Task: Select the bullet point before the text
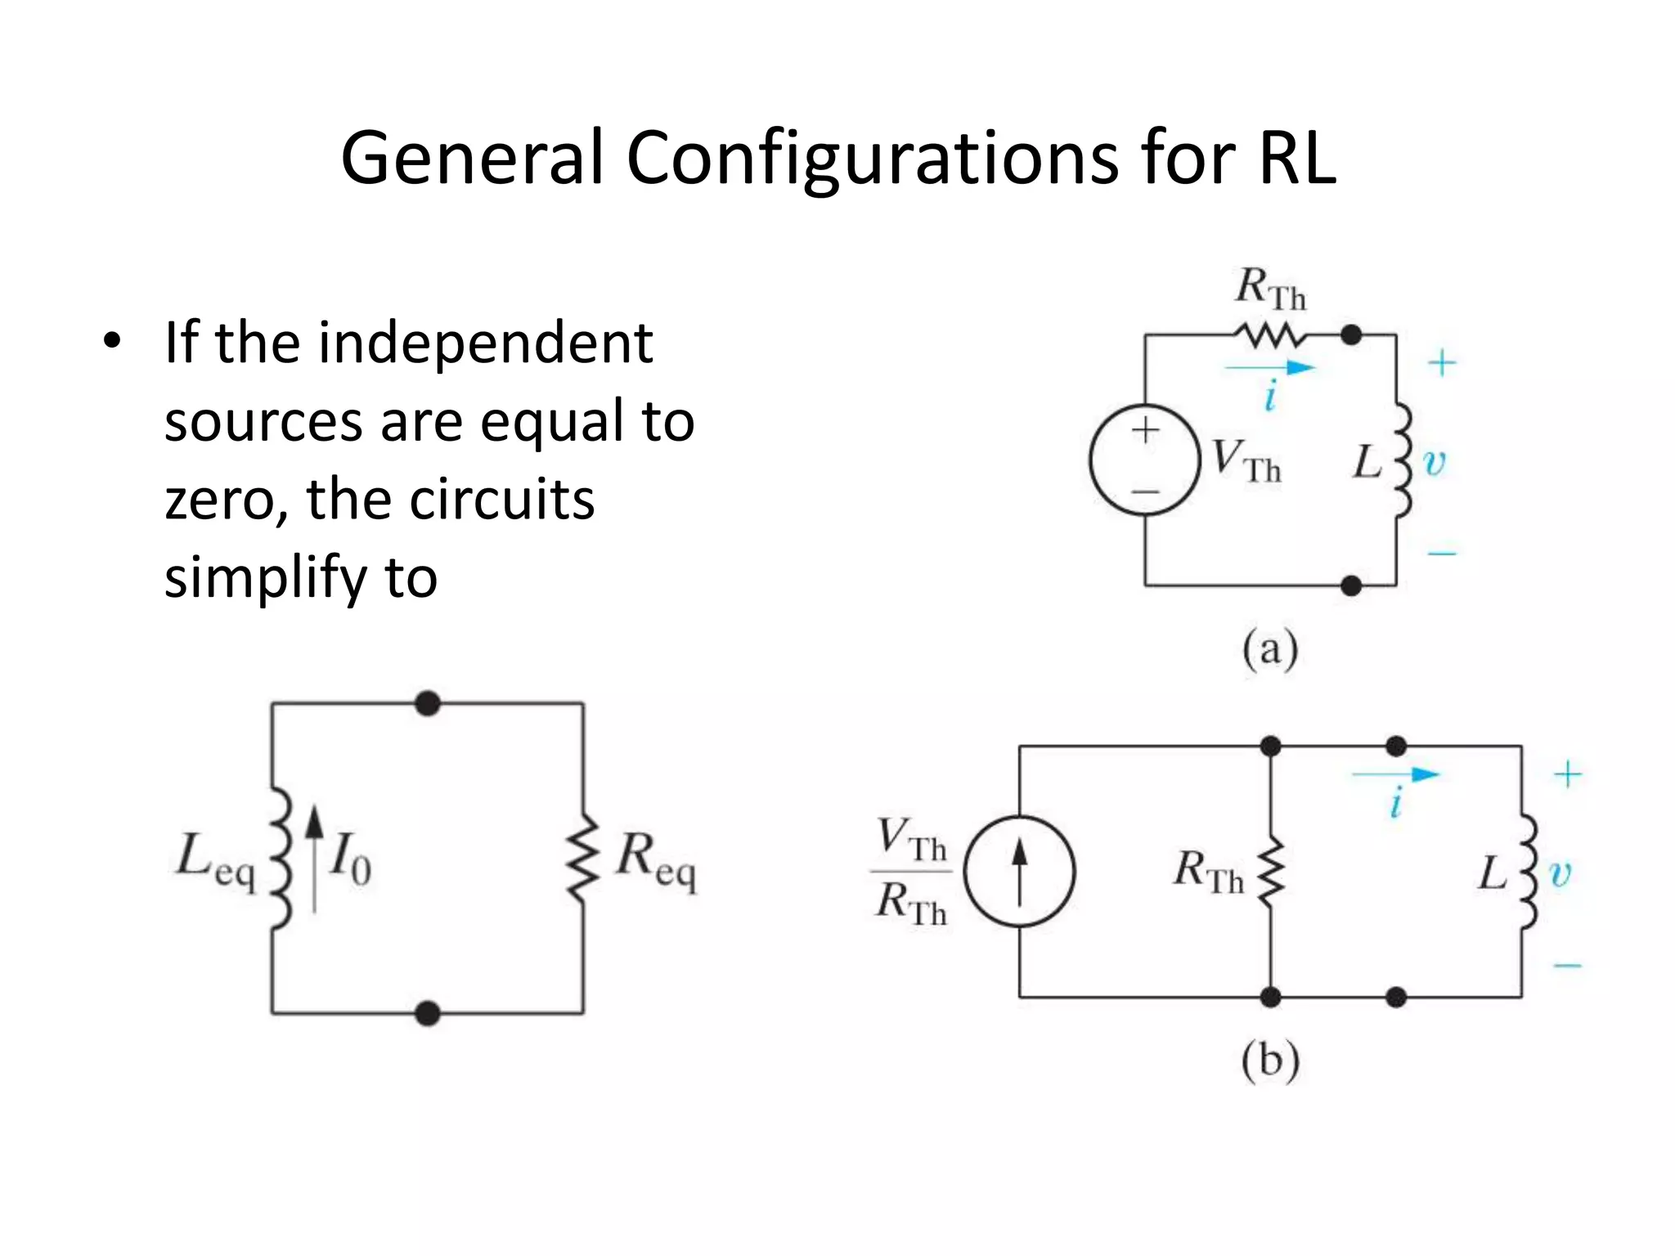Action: (112, 341)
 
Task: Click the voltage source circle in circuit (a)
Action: (1145, 460)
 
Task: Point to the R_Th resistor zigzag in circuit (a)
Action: (1269, 334)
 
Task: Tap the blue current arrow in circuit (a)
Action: (1269, 368)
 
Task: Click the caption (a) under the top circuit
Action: (1269, 650)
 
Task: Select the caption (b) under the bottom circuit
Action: (1269, 1061)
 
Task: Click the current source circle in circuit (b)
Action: (1019, 871)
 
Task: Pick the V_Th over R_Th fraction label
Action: (911, 872)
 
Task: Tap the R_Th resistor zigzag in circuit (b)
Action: (1271, 871)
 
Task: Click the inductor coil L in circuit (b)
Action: (1527, 872)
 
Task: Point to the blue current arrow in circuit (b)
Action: (1395, 774)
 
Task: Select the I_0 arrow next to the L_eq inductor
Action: (315, 859)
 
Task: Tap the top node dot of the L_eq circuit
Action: (427, 703)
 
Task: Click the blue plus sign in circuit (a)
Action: (1442, 363)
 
